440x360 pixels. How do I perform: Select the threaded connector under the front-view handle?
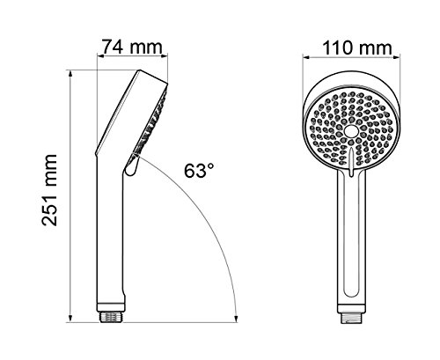coord(352,312)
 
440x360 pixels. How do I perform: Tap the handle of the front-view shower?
coord(352,246)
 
